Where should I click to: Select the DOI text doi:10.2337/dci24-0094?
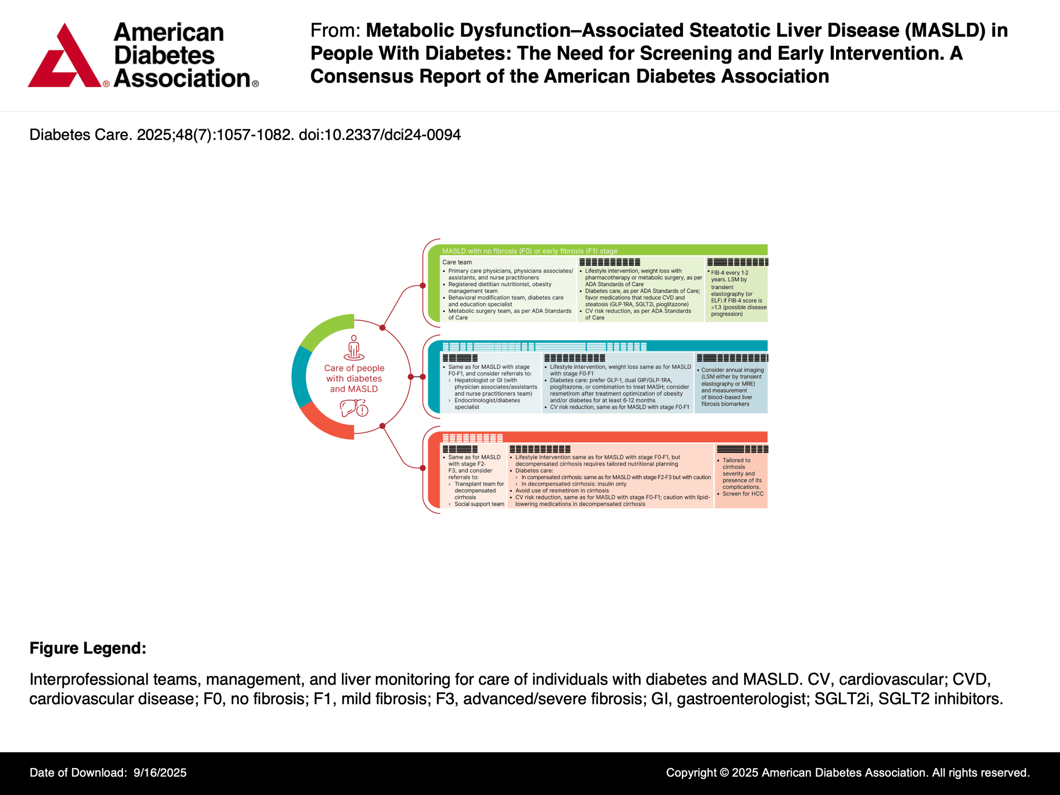[380, 135]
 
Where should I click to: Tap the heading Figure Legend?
[88, 648]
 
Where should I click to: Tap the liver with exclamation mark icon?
[354, 408]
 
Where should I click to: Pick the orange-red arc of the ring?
[326, 424]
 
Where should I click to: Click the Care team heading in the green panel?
[457, 262]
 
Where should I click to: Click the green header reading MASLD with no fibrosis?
[530, 251]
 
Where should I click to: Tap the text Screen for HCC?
[743, 494]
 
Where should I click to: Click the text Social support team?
[479, 504]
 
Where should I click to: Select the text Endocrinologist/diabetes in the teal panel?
[487, 400]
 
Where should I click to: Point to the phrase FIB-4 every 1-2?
[729, 273]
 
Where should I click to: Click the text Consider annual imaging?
[732, 370]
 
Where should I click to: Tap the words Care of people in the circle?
[354, 368]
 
